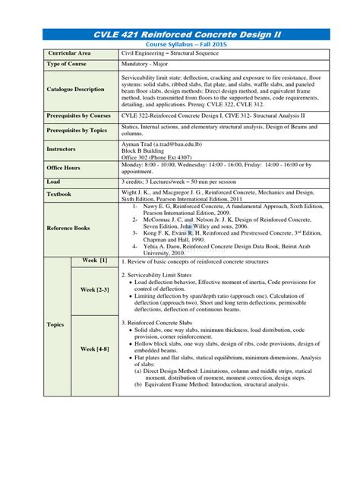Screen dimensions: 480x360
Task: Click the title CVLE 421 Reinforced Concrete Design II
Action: pos(180,34)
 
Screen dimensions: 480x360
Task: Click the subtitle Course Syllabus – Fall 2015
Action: pos(180,45)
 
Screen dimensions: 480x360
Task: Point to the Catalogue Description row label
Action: pos(76,89)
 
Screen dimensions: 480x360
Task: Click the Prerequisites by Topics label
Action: pos(77,131)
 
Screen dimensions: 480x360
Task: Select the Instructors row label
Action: pos(62,149)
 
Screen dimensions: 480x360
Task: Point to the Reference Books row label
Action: pos(70,229)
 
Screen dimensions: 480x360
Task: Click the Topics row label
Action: pos(55,324)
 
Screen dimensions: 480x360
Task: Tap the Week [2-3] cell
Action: pos(96,289)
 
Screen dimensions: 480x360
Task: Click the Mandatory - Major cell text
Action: pos(147,65)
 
